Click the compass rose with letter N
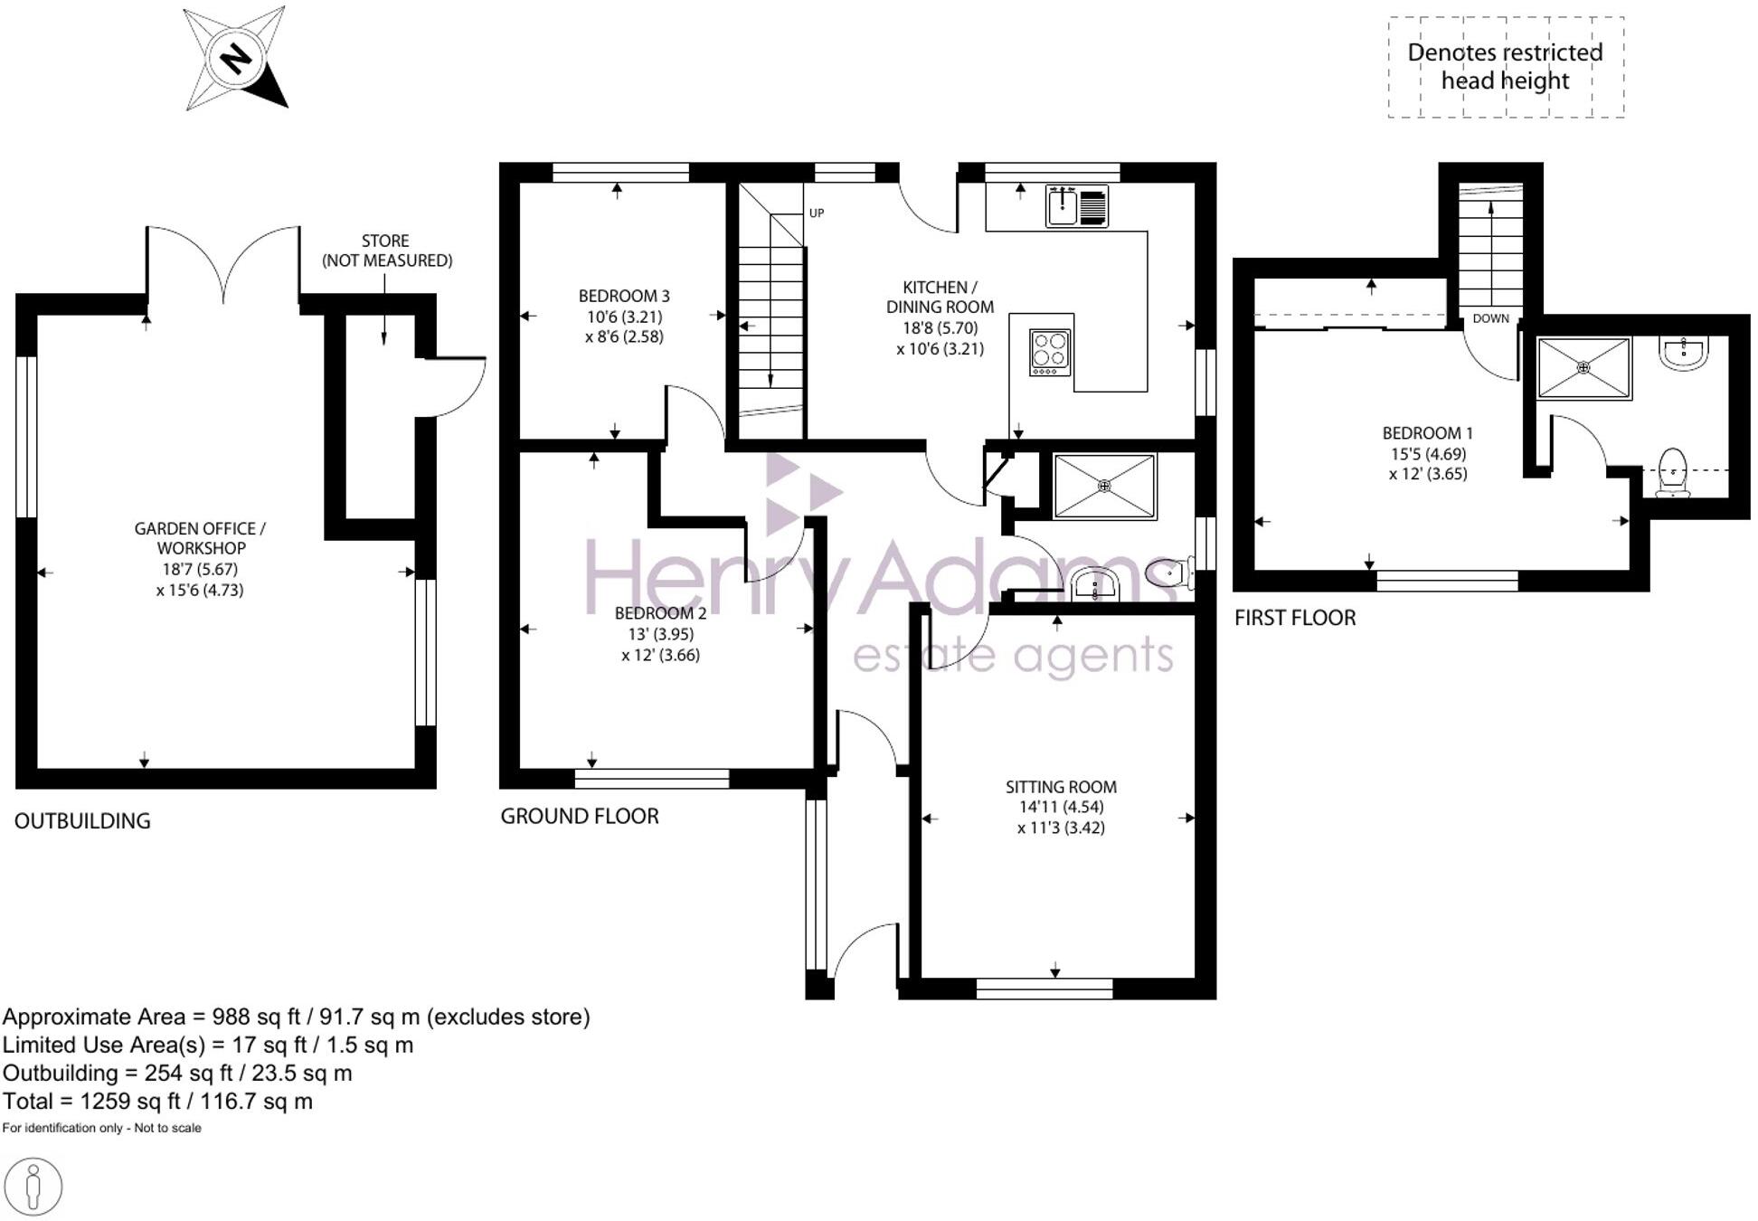(236, 59)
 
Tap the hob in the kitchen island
(1050, 353)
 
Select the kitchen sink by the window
(1063, 206)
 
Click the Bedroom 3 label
(624, 297)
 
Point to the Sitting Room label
(1061, 787)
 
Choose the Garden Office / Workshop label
(200, 538)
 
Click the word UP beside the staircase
(817, 213)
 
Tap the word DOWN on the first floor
(1490, 318)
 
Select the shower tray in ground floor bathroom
(1104, 487)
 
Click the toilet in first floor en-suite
(1673, 473)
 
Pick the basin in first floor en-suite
(1684, 354)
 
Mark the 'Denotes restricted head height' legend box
(1506, 67)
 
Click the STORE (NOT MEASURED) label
(386, 251)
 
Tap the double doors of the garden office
(222, 262)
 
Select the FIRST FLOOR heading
(1295, 618)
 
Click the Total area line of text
(157, 1101)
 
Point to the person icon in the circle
(33, 1186)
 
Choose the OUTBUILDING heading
(82, 820)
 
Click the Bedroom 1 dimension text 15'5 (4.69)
(1428, 454)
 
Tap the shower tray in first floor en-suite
(1583, 368)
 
